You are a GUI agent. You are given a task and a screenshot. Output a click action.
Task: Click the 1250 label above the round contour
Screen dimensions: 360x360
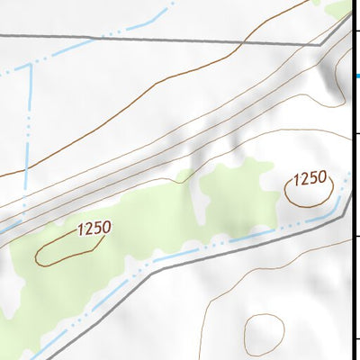(310, 178)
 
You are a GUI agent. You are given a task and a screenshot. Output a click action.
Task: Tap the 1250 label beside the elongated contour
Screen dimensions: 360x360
(94, 229)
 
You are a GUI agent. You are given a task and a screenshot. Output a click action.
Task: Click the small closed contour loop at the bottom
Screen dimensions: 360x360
(264, 333)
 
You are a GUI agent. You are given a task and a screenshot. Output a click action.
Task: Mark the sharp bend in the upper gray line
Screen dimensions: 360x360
(320, 43)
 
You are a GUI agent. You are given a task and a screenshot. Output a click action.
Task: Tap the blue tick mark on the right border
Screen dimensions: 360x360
(356, 76)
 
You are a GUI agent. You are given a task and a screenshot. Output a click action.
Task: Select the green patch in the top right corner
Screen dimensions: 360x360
(342, 9)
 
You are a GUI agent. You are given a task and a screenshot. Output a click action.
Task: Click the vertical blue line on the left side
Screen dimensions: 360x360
(29, 117)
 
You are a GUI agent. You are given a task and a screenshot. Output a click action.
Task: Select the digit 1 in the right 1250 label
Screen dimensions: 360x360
(297, 179)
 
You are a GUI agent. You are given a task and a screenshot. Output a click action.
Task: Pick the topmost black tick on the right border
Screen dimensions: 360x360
(356, 34)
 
